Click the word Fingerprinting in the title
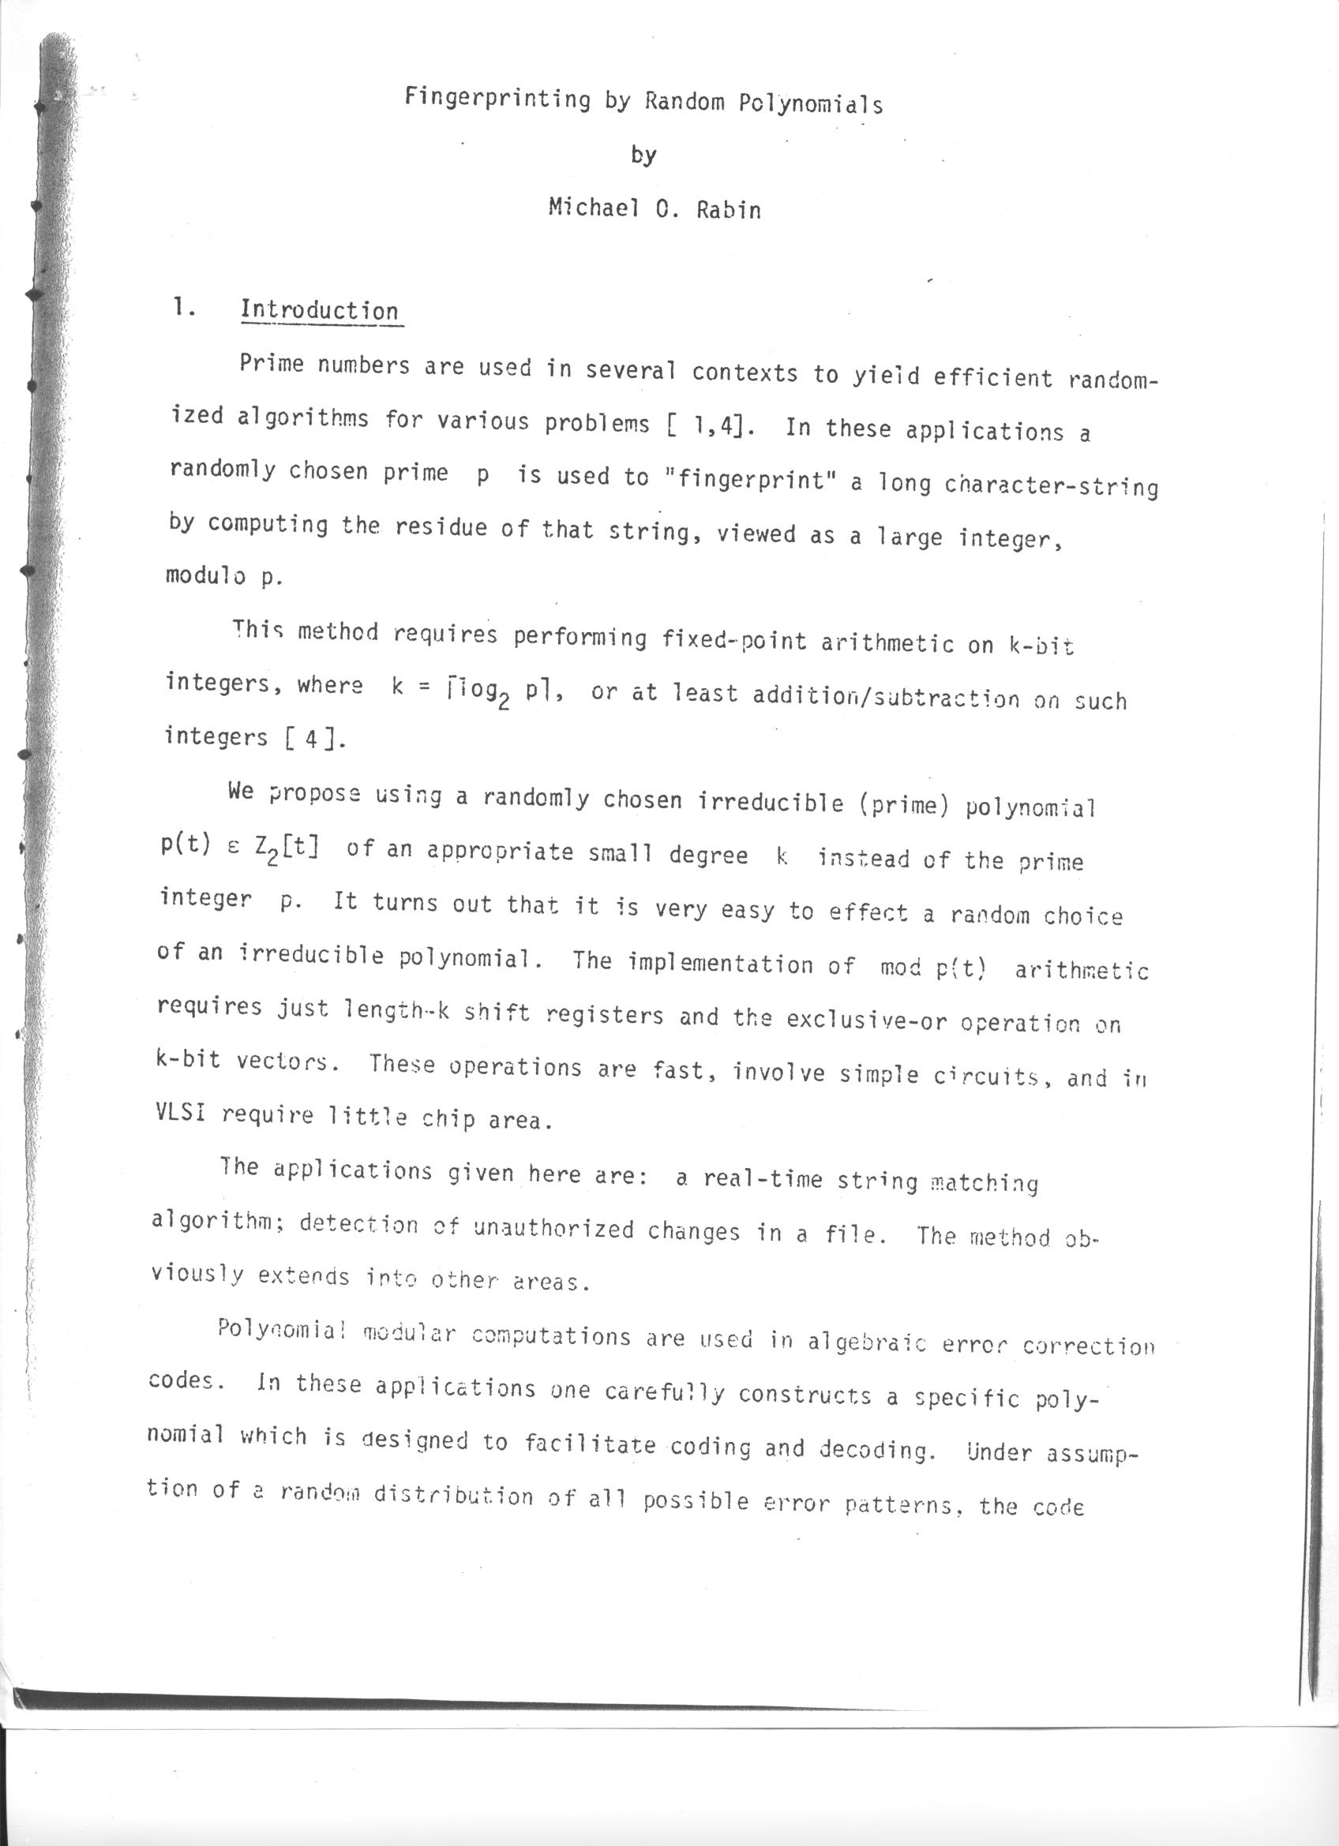pos(497,99)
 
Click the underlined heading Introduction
pos(319,311)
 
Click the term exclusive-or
pos(865,1020)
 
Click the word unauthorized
pos(553,1227)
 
